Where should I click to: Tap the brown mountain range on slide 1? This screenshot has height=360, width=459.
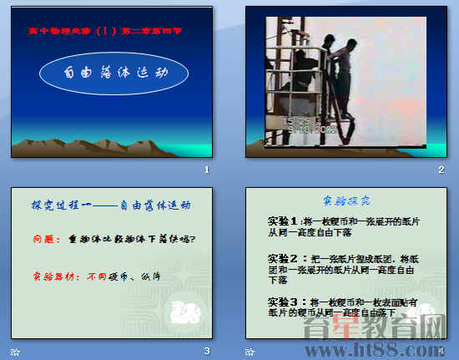[x=92, y=147]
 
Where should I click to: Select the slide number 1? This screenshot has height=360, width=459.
[x=206, y=170]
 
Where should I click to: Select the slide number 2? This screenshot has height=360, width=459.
[x=441, y=170]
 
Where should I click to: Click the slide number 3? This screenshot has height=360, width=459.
[x=206, y=351]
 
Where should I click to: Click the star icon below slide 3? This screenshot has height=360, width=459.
[x=14, y=352]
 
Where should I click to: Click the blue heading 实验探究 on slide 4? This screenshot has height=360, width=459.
[x=346, y=200]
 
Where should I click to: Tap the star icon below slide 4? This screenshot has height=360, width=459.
[x=249, y=352]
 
